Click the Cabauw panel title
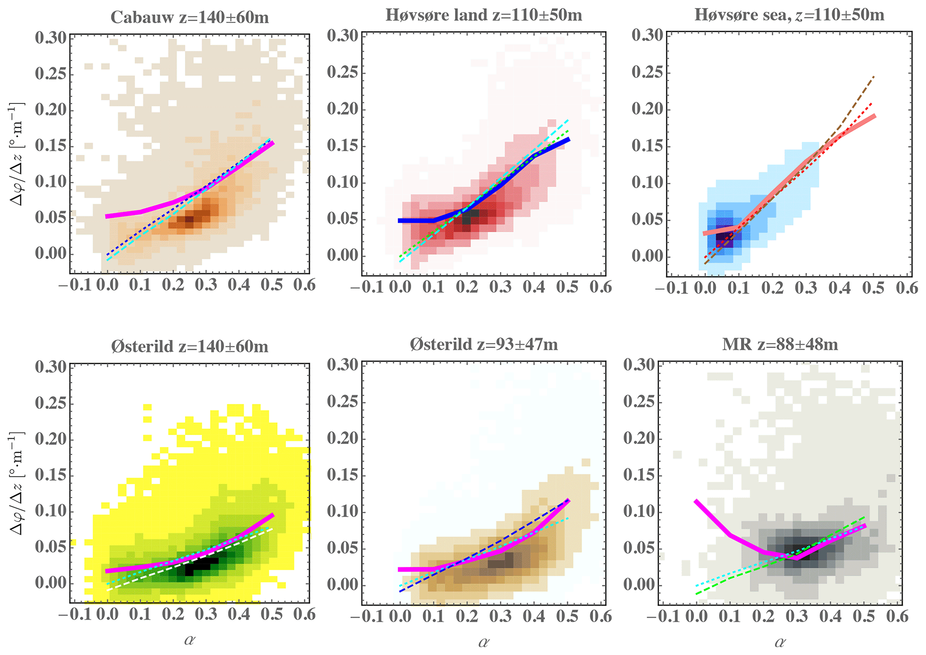click(190, 17)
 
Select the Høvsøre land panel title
click(483, 15)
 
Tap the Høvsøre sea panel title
click(789, 15)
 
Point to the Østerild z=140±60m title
click(190, 346)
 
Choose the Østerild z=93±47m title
click(484, 345)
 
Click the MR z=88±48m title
click(780, 345)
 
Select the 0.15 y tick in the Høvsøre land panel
click(341, 147)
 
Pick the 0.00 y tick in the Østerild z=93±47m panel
click(341, 586)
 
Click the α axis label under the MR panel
click(780, 642)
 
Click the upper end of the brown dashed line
click(874, 77)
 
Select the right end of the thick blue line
click(569, 139)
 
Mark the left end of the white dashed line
click(108, 590)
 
